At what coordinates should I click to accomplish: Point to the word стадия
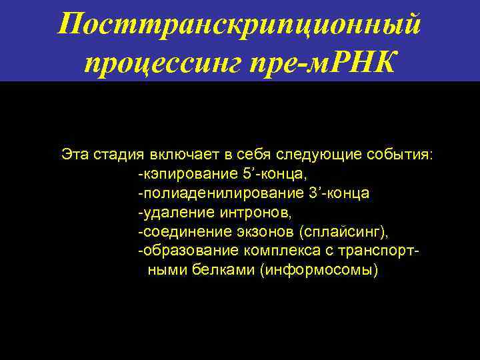(x=117, y=155)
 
